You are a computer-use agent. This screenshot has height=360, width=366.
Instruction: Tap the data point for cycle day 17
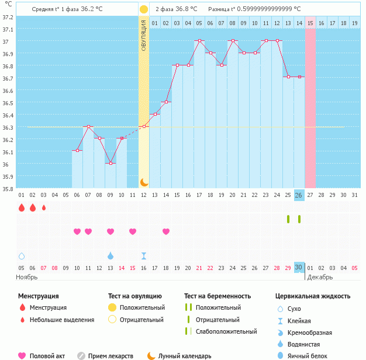(x=199, y=41)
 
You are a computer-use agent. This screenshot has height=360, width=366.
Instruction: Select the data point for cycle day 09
(x=111, y=163)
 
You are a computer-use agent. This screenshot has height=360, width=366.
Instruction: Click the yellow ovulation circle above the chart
(x=144, y=9)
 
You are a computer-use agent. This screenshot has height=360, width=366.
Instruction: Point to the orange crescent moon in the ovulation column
(x=144, y=182)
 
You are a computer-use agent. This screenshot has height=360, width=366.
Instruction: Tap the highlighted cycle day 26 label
(x=299, y=195)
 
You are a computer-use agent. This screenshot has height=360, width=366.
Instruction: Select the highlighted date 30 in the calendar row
(x=299, y=267)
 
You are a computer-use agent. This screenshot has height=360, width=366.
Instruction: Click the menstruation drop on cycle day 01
(x=22, y=207)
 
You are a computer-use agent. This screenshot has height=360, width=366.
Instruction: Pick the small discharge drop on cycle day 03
(x=44, y=207)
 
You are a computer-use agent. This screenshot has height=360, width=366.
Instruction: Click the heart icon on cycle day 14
(x=166, y=231)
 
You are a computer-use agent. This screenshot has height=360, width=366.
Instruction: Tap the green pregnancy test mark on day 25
(x=288, y=219)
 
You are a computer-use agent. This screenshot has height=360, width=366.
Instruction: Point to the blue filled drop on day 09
(x=111, y=255)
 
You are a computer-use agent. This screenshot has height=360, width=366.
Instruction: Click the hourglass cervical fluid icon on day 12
(x=144, y=255)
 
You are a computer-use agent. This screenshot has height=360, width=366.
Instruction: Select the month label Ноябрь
(x=27, y=277)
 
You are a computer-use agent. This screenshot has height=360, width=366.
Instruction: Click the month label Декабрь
(x=320, y=277)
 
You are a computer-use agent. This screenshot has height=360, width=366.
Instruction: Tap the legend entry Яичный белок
(x=312, y=355)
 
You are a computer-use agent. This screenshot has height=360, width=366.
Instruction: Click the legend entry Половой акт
(x=46, y=355)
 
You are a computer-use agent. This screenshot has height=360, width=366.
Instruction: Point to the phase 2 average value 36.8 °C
(x=183, y=9)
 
